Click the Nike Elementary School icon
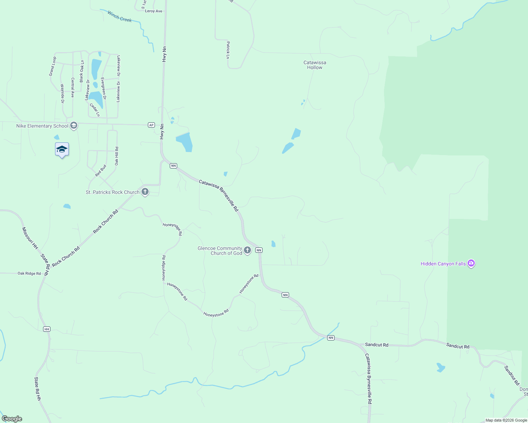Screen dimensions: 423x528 (74, 125)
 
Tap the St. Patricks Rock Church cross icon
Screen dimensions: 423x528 (145, 192)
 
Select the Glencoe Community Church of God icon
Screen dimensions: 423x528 (247, 250)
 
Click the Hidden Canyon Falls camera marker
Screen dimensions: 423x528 (471, 263)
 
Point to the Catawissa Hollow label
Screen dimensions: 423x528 (315, 65)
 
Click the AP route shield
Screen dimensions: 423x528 (151, 125)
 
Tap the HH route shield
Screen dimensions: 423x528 (47, 329)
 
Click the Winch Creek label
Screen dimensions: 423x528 (120, 17)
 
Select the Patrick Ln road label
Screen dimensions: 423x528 (228, 50)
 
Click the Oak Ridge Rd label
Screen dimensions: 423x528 (29, 273)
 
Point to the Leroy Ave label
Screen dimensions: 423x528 (154, 11)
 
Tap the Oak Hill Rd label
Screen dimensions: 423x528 (116, 156)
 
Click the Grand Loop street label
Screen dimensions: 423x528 (52, 66)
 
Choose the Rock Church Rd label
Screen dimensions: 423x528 (106, 222)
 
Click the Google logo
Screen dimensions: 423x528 (12, 419)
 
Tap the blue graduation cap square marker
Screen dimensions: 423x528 (62, 149)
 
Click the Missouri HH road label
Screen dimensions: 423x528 (30, 238)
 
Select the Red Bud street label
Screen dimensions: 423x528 (101, 171)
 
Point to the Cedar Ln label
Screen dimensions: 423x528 (95, 110)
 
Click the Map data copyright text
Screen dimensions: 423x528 (506, 420)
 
